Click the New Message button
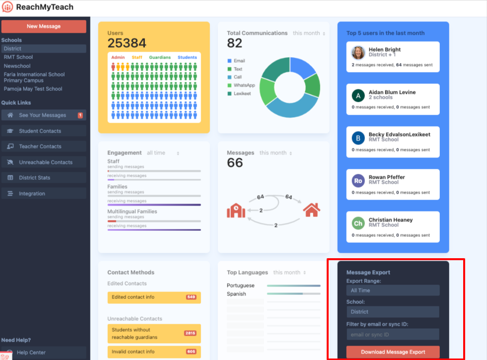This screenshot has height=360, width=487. click(44, 26)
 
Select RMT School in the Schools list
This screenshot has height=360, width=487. click(18, 57)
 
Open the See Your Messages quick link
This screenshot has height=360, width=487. click(43, 115)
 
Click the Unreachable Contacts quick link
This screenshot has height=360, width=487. click(46, 162)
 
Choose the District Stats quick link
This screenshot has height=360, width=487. click(35, 178)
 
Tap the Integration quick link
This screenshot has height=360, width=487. click(32, 194)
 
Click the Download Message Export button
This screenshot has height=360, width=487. click(393, 352)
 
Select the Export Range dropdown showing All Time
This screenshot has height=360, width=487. click(393, 290)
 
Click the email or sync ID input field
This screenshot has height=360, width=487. click(393, 334)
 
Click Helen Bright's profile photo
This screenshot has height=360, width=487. click(358, 53)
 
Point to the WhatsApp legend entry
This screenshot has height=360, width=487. click(244, 85)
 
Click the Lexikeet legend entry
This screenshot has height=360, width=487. click(243, 93)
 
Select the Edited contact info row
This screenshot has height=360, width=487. click(154, 297)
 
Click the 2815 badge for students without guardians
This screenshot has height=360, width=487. click(190, 333)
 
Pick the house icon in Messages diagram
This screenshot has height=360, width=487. click(311, 210)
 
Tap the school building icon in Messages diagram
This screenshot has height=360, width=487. click(236, 211)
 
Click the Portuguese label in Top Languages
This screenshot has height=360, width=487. click(241, 286)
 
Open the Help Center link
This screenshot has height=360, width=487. click(31, 353)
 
